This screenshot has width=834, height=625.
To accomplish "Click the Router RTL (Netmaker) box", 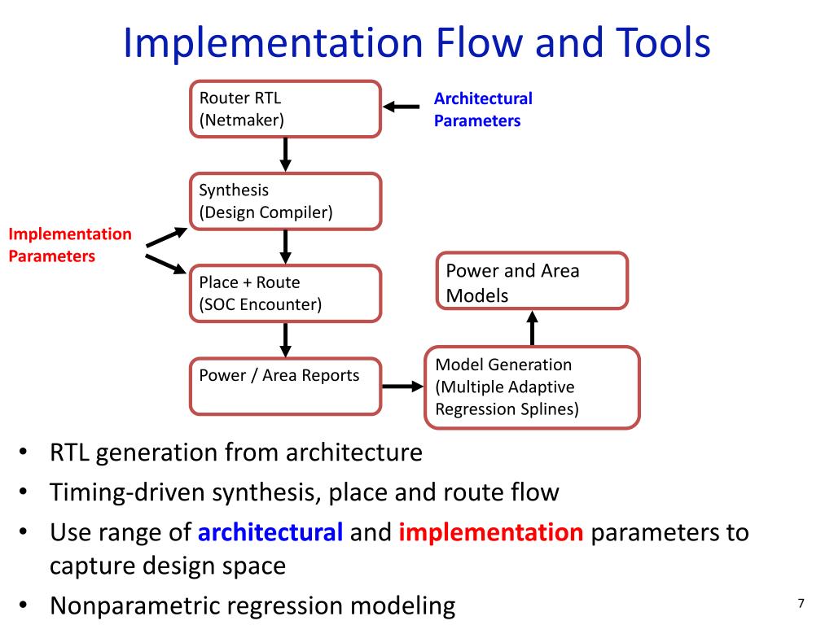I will click(x=285, y=109).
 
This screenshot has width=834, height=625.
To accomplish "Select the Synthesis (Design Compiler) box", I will click(x=285, y=201).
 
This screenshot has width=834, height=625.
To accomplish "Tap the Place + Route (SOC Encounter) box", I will click(x=285, y=293).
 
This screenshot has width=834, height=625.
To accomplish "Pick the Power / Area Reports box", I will click(x=285, y=386).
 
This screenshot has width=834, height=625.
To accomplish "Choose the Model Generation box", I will click(x=532, y=387).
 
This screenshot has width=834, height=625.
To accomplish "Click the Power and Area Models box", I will click(x=533, y=282).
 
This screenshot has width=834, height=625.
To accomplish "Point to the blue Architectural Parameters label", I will click(x=482, y=109).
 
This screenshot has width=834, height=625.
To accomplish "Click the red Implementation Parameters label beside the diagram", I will click(x=69, y=245).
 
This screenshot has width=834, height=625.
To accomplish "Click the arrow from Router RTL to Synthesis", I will click(x=286, y=154).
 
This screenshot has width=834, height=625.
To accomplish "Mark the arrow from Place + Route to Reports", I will click(x=286, y=339).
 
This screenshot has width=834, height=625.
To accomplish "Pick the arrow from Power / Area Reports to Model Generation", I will click(x=402, y=387).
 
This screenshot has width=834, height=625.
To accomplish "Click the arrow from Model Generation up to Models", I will click(x=533, y=328).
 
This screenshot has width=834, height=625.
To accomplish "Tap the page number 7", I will click(x=801, y=603).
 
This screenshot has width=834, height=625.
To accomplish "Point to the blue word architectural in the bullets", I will click(x=270, y=533).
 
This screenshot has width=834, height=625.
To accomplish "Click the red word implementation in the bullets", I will click(x=491, y=533).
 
